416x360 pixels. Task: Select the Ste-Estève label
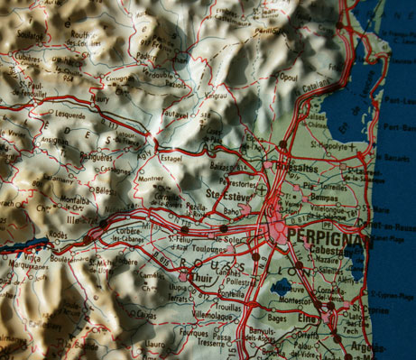pos(226,193)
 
